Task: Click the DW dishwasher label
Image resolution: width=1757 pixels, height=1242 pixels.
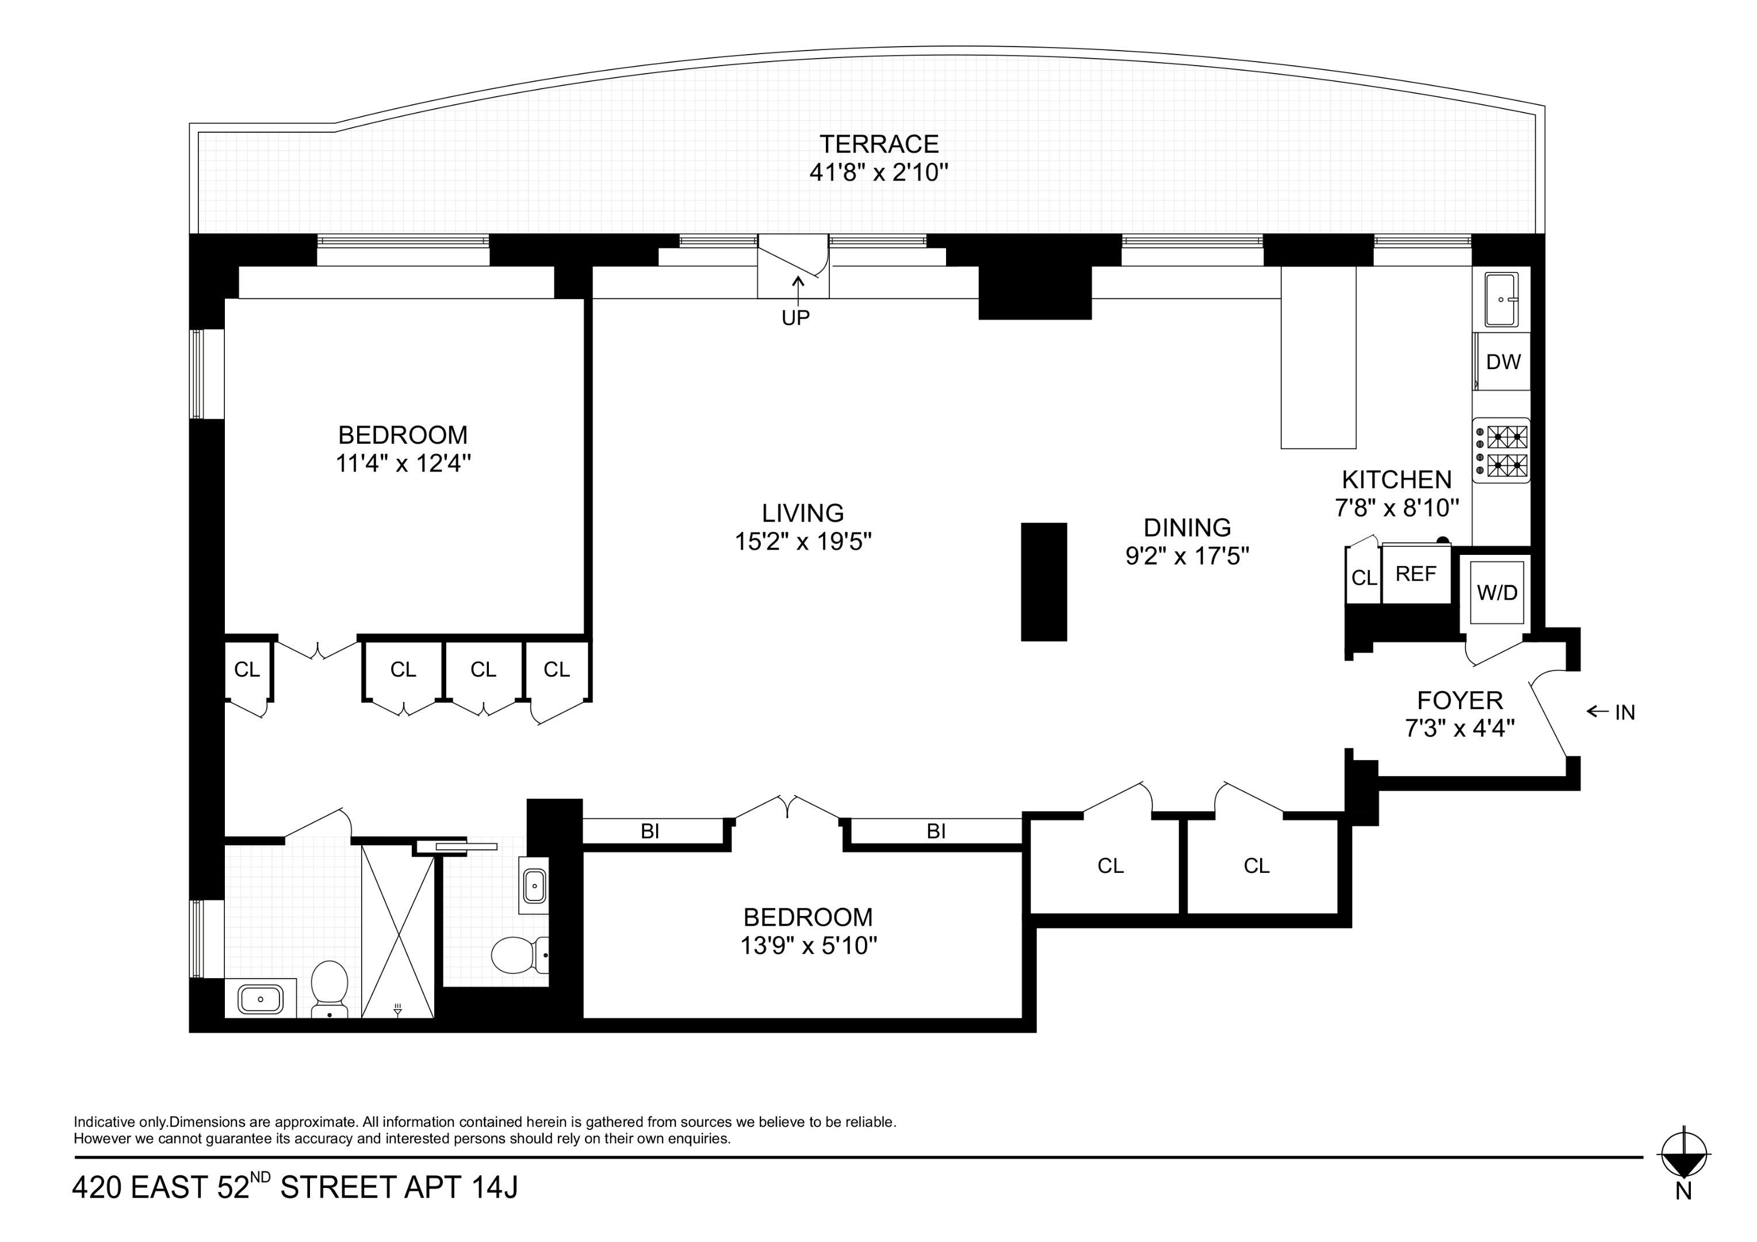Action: (x=1503, y=362)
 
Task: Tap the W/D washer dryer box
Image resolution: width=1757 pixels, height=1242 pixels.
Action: (x=1497, y=592)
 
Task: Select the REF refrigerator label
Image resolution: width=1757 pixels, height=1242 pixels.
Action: (x=1416, y=574)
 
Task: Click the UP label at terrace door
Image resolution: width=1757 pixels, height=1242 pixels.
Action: (x=796, y=317)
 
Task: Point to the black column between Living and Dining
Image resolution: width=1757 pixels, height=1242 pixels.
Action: (x=1044, y=581)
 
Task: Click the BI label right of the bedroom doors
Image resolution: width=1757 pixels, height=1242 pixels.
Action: (x=936, y=831)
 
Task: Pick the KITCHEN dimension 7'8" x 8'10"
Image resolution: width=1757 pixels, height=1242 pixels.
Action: (x=1396, y=507)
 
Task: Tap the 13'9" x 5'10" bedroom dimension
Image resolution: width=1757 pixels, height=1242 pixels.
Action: (x=808, y=946)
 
